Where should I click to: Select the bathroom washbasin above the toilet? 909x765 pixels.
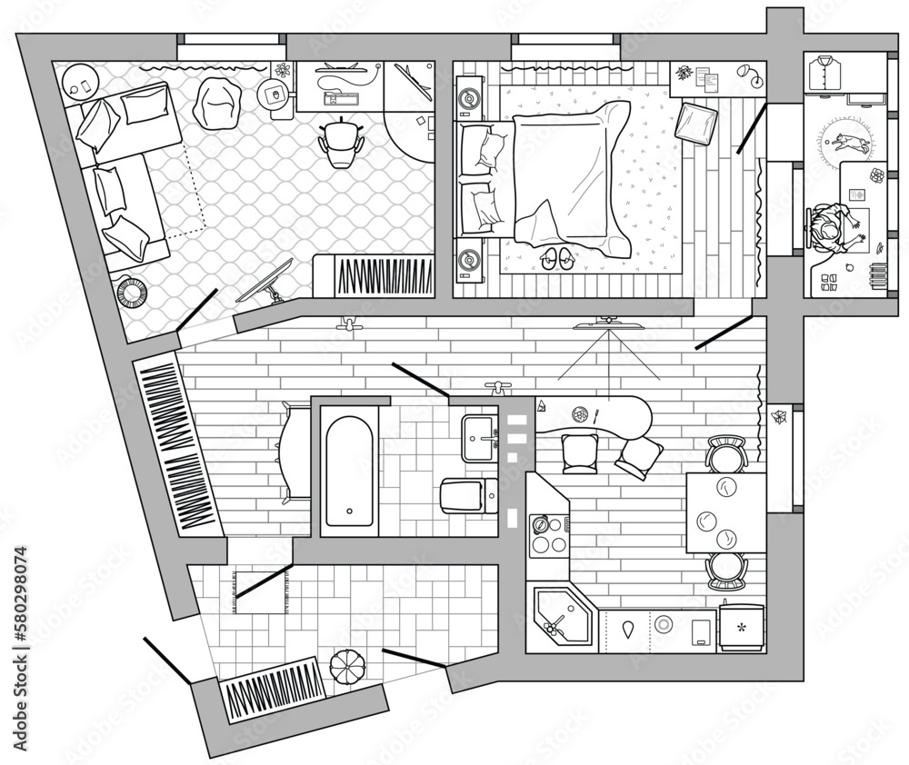pyautogui.click(x=479, y=439)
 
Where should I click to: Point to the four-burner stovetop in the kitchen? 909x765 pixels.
pyautogui.click(x=548, y=535)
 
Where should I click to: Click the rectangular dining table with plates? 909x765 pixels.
pyautogui.click(x=724, y=512)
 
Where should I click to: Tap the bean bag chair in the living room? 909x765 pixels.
pyautogui.click(x=216, y=102)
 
